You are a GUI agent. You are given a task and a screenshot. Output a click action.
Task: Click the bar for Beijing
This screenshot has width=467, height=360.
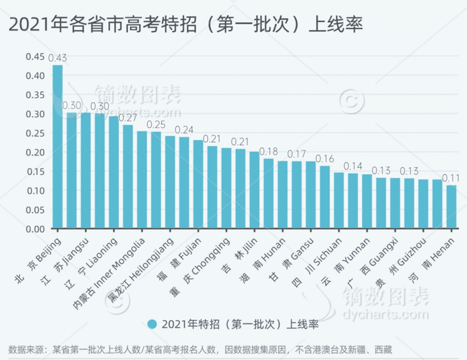pyautogui.click(x=57, y=147)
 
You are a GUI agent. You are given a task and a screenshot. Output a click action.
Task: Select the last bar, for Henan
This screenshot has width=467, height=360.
pyautogui.click(x=452, y=207)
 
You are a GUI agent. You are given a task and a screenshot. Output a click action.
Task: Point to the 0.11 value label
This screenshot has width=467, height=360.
pyautogui.click(x=452, y=179)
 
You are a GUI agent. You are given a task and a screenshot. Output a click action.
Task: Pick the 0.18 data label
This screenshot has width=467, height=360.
pyautogui.click(x=269, y=152)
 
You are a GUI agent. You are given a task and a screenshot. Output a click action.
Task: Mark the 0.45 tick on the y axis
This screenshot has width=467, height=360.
pyautogui.click(x=34, y=57)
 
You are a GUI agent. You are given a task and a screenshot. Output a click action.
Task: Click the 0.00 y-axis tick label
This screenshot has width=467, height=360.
pyautogui.click(x=34, y=229)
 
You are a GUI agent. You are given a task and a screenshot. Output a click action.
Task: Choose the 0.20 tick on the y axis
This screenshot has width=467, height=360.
pyautogui.click(x=34, y=152)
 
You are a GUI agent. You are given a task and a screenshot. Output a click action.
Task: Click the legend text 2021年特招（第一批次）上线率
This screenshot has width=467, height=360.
pyautogui.click(x=240, y=325)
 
